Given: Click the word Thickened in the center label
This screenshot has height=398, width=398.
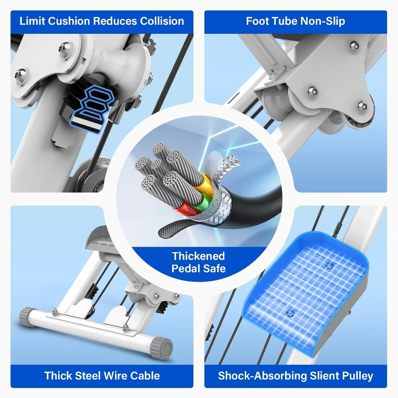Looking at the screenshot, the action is coord(199,256).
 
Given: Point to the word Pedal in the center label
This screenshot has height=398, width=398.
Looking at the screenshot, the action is coord(185,269).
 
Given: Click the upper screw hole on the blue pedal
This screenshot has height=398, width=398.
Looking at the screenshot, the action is coord(329,266).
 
